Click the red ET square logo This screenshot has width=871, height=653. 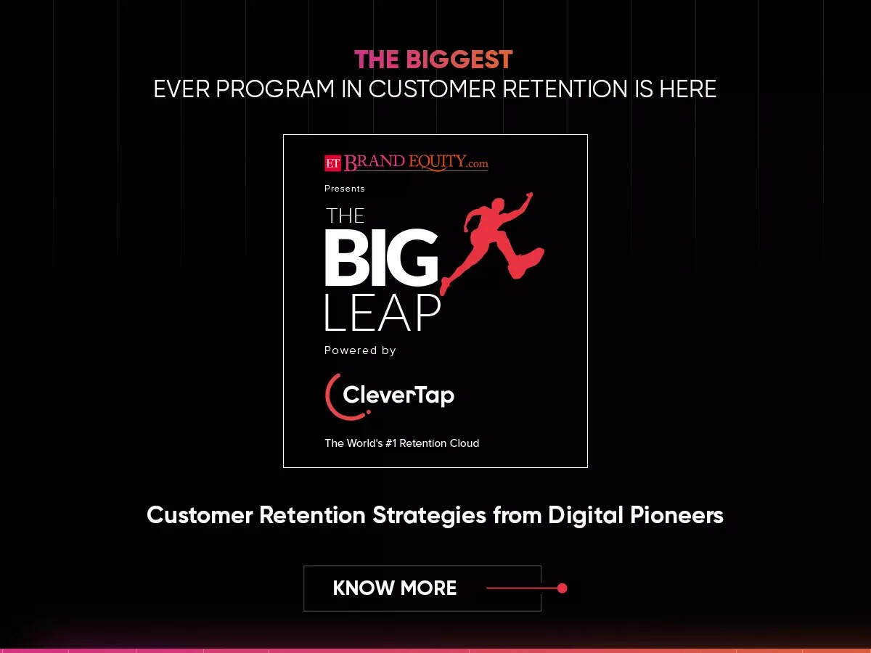click(332, 163)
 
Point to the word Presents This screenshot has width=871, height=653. click(345, 189)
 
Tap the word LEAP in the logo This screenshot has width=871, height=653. click(382, 313)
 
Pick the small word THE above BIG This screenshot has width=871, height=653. click(345, 215)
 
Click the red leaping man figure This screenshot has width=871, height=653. click(494, 239)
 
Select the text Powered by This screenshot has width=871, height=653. click(360, 350)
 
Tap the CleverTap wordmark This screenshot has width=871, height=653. click(398, 395)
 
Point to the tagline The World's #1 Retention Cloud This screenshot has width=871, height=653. click(401, 443)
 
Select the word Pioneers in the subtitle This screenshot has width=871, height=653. click(673, 515)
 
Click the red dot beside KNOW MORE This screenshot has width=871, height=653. click(562, 588)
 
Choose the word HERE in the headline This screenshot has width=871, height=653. click(687, 89)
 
